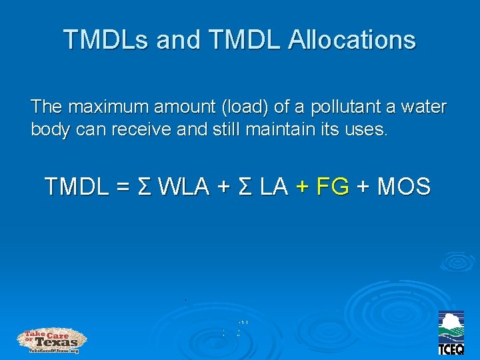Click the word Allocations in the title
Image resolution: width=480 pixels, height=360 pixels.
(353, 40)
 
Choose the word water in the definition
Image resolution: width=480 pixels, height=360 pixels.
(424, 107)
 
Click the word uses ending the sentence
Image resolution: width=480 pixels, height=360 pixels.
(365, 129)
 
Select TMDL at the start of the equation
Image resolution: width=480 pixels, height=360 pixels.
(77, 187)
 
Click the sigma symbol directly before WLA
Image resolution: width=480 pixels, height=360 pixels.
(143, 187)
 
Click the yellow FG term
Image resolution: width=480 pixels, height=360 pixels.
(333, 187)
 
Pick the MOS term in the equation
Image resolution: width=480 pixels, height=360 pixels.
(403, 187)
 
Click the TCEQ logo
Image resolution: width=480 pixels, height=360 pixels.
(451, 333)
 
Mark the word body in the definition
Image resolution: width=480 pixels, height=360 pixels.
(51, 129)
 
